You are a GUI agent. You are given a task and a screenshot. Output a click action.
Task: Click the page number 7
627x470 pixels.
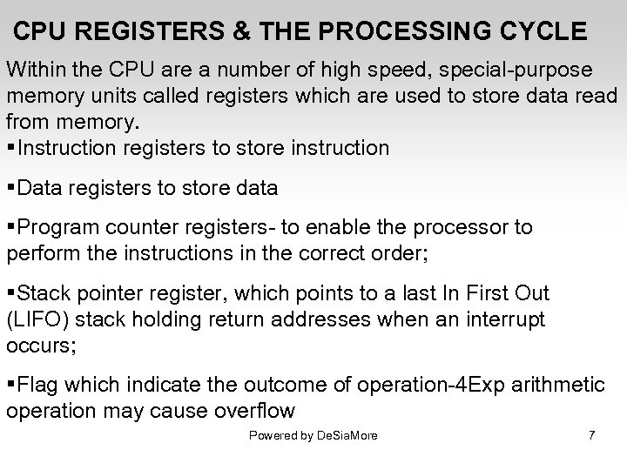592,435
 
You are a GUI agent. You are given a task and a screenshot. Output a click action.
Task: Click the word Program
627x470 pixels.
57,227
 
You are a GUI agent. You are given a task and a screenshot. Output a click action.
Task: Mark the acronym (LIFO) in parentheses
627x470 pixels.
34,319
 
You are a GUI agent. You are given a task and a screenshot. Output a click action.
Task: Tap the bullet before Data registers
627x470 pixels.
11,187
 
